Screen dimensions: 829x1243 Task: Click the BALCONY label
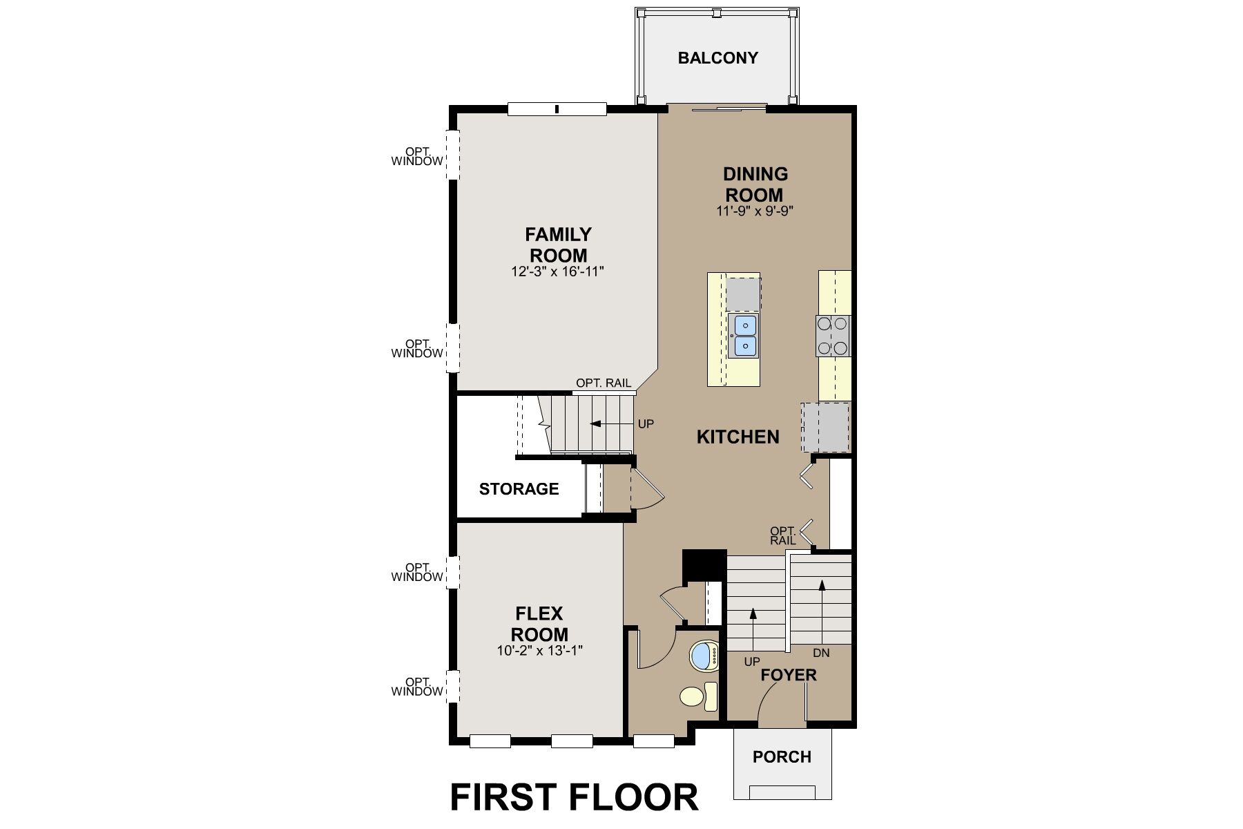pyautogui.click(x=717, y=58)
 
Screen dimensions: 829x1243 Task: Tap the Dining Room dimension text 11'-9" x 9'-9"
pyautogui.click(x=755, y=211)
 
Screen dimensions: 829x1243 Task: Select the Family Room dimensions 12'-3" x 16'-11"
pyautogui.click(x=557, y=272)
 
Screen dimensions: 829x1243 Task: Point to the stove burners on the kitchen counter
pyautogui.click(x=833, y=336)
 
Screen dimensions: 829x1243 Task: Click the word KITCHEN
pyautogui.click(x=738, y=437)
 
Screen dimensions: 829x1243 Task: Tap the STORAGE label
pyautogui.click(x=519, y=489)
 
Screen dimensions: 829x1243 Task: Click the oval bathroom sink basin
pyautogui.click(x=704, y=655)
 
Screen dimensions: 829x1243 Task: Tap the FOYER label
pyautogui.click(x=788, y=675)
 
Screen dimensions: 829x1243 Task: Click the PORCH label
pyautogui.click(x=782, y=757)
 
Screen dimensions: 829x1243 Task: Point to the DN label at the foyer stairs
pyautogui.click(x=821, y=653)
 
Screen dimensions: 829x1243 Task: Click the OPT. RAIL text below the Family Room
pyautogui.click(x=603, y=383)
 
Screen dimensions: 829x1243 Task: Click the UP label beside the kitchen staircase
pyautogui.click(x=646, y=424)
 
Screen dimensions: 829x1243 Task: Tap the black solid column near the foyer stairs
pyautogui.click(x=703, y=565)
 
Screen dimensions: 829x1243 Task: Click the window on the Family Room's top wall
pyautogui.click(x=557, y=108)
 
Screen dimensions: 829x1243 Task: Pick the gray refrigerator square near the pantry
pyautogui.click(x=825, y=428)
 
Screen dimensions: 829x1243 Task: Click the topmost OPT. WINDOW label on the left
pyautogui.click(x=417, y=157)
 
